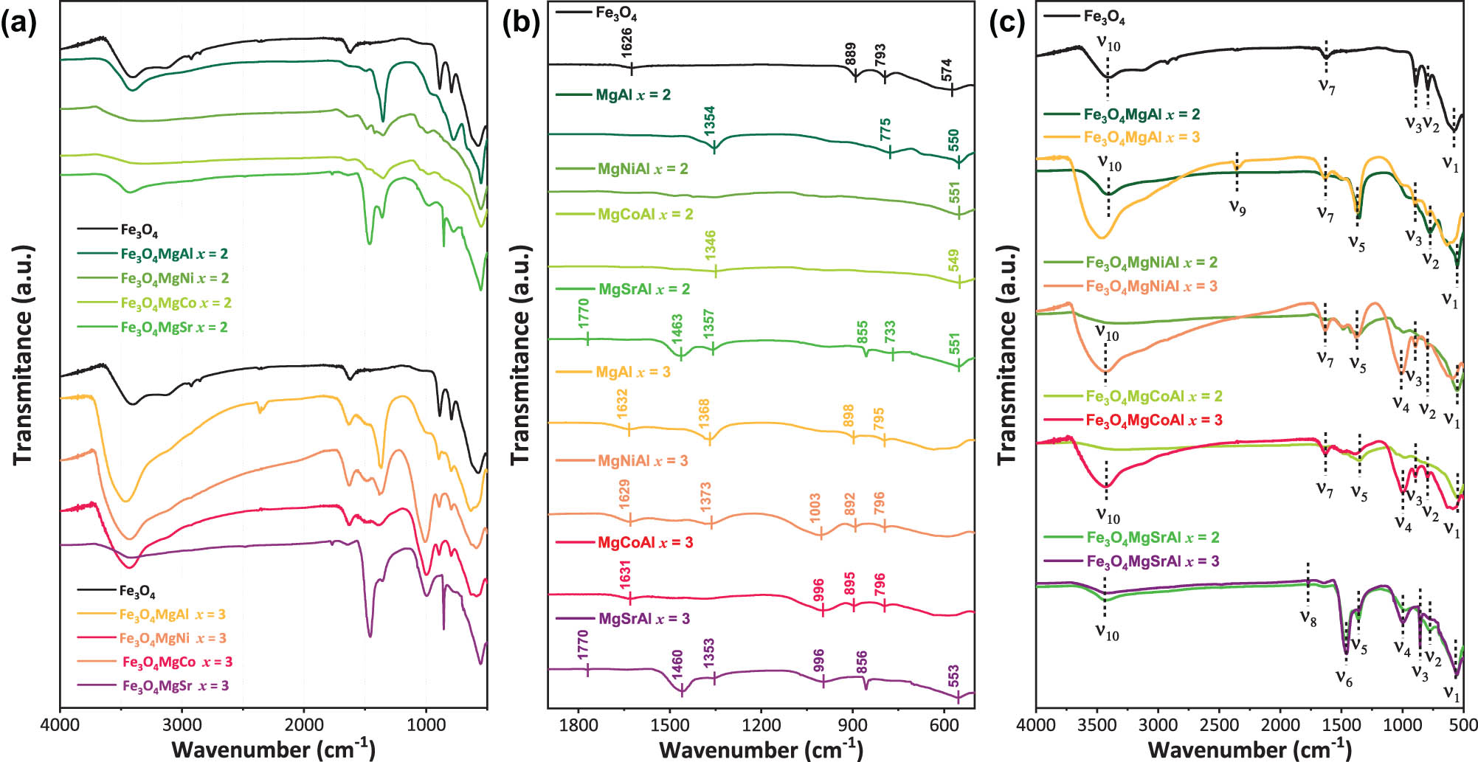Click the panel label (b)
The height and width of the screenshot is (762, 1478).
[x=521, y=24]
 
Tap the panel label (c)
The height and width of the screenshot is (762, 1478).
[x=1008, y=24]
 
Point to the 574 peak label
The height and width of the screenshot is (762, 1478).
[x=947, y=70]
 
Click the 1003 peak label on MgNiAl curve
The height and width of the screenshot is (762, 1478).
[x=815, y=508]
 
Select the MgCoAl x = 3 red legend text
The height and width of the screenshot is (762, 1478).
[x=645, y=543]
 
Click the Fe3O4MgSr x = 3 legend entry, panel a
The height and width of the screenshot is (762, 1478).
[x=176, y=686]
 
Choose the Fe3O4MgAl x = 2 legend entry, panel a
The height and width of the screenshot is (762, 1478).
[x=174, y=254]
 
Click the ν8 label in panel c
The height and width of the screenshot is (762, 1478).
[x=1308, y=618]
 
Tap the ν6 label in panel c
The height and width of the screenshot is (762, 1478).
[x=1344, y=679]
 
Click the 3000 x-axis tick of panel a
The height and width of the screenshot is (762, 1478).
[x=182, y=726]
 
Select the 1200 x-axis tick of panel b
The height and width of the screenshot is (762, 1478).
[x=761, y=726]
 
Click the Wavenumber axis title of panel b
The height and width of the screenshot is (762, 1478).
[x=760, y=749]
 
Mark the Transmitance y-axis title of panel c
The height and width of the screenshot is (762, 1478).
[x=1008, y=354]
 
